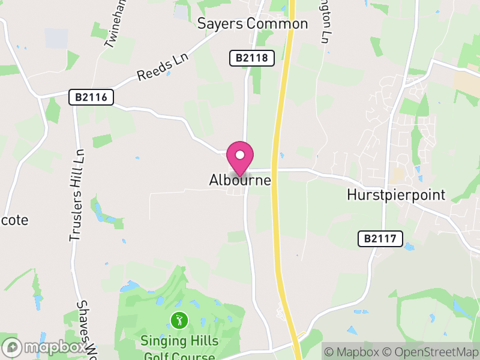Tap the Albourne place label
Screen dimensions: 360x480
point(240,180)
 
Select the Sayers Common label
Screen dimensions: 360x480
point(253,24)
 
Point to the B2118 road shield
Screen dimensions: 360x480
point(252,58)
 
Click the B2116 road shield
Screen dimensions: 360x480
point(91,97)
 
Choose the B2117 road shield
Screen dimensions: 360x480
point(380,238)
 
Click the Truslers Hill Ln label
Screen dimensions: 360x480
point(76,195)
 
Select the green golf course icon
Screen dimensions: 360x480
point(178,319)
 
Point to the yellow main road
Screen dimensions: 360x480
point(277,180)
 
